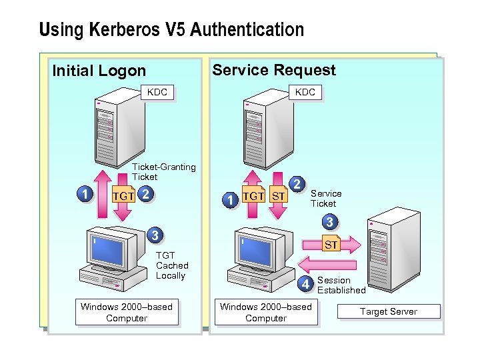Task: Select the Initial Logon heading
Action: click(x=99, y=71)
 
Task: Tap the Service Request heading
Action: click(x=273, y=70)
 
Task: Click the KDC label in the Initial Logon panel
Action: click(x=157, y=92)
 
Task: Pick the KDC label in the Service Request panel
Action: click(x=305, y=92)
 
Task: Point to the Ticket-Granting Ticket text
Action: click(x=163, y=172)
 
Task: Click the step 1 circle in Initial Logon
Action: click(x=83, y=194)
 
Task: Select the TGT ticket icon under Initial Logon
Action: click(x=123, y=196)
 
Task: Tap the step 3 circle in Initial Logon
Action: click(x=154, y=235)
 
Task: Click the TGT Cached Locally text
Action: click(x=171, y=265)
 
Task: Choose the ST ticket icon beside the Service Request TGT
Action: click(x=279, y=197)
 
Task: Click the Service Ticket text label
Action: click(x=326, y=199)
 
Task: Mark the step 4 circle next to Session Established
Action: click(x=305, y=285)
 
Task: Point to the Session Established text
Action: click(x=341, y=285)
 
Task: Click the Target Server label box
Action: click(x=389, y=311)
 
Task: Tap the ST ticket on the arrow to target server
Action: click(x=331, y=245)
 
